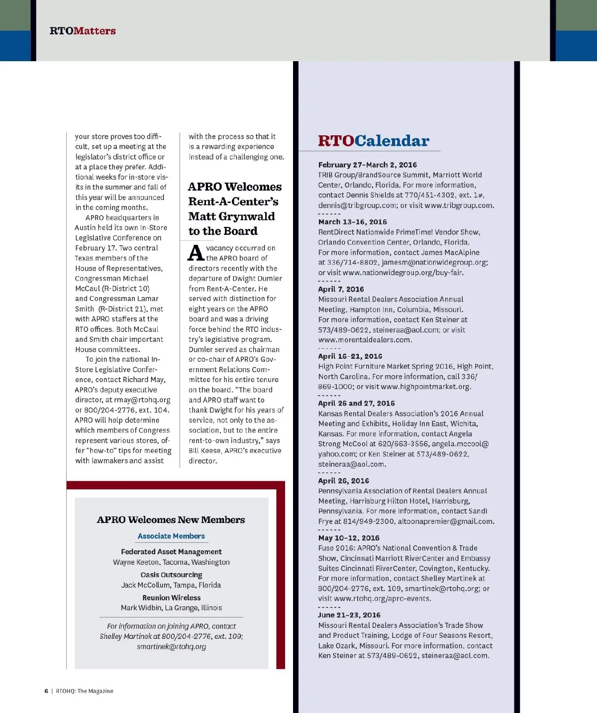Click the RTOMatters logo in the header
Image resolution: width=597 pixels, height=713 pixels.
coord(83,31)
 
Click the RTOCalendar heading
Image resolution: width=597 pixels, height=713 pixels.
coord(373,141)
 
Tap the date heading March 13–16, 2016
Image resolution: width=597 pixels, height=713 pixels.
coord(352,222)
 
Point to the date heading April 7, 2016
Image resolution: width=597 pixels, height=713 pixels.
coord(341,289)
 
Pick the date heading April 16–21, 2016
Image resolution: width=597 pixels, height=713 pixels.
coord(350,356)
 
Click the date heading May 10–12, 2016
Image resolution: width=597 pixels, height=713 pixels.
coord(348,538)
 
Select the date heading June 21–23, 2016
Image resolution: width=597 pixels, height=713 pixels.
coord(349,615)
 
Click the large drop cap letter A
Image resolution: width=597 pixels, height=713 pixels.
coord(196,253)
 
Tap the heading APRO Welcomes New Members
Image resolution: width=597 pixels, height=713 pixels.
coord(171,520)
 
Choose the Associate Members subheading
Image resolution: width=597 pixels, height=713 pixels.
coord(171,536)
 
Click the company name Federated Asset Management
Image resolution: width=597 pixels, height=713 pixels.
coord(171,552)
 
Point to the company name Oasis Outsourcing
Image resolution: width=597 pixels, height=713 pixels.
coord(171,575)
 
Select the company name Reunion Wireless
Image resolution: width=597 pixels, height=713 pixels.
coord(171,598)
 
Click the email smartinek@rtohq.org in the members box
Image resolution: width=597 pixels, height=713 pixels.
coord(171,647)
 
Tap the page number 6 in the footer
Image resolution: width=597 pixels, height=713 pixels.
coord(46,691)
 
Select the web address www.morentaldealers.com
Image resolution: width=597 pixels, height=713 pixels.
coord(365,340)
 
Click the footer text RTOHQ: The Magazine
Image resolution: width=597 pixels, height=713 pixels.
coord(85,691)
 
